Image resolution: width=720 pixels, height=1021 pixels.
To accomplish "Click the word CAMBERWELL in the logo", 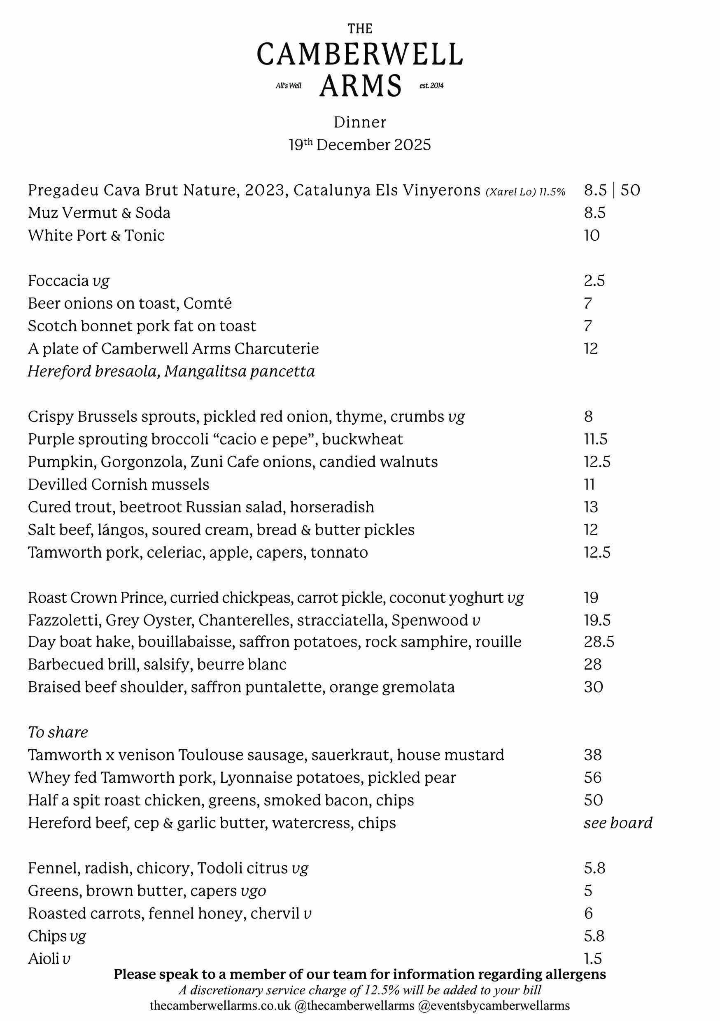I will point(360,55).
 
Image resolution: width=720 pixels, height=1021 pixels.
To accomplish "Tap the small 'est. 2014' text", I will point(431,85).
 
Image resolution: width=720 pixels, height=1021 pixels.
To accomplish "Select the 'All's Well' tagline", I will point(289,85).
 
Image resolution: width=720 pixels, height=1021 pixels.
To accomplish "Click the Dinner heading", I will point(360,122).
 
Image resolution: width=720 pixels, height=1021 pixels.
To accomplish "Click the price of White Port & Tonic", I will point(592,235).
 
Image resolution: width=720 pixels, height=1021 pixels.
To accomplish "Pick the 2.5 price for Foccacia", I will point(594,281).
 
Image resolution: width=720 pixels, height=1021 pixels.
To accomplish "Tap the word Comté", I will point(207,303).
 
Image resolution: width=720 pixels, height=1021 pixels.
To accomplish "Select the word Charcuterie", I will point(277,349).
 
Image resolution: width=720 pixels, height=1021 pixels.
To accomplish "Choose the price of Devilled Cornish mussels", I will point(589,484).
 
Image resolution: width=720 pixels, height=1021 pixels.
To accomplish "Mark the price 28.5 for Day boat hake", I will point(599,642).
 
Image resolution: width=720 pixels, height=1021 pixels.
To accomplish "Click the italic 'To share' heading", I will point(58,732).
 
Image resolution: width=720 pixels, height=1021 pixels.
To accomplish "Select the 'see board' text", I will point(618,823).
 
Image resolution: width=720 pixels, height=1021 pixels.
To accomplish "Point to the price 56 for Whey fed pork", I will point(592,777).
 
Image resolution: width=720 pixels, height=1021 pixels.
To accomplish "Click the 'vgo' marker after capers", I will point(253,891).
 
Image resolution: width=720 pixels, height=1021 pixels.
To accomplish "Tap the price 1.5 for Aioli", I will point(593,958).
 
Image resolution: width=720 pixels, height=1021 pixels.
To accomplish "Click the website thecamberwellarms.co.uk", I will point(220,1005).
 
